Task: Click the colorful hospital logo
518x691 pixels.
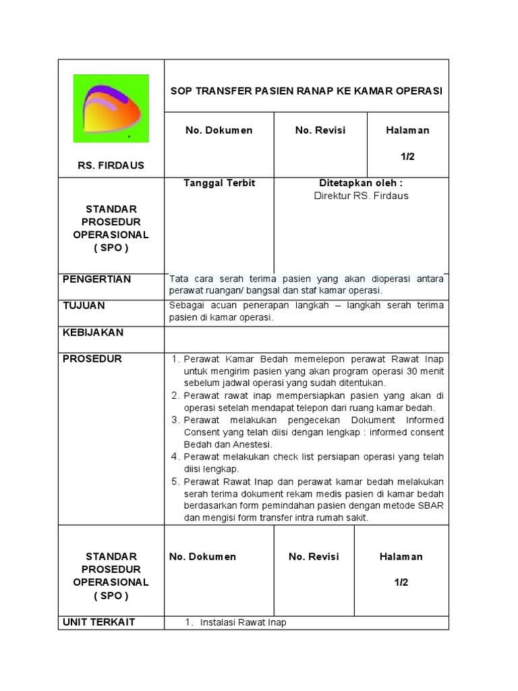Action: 111,108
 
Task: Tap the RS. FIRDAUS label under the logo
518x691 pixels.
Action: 111,165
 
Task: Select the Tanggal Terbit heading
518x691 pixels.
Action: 219,184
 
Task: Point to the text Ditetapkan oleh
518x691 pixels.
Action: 361,184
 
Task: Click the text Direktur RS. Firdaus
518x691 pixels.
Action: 361,196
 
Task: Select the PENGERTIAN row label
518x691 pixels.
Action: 97,279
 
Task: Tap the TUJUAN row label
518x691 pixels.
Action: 84,306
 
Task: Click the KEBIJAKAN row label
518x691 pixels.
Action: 93,333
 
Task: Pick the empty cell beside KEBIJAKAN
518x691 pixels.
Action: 306,339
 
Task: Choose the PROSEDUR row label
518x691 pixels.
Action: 92,359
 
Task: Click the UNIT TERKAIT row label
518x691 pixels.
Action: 99,622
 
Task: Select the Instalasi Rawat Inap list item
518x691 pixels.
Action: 243,623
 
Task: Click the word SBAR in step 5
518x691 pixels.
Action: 430,505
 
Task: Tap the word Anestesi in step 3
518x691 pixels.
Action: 250,445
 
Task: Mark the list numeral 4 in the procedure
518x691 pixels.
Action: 174,457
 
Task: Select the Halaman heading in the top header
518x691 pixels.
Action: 407,130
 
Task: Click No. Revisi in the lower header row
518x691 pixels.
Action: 314,557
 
